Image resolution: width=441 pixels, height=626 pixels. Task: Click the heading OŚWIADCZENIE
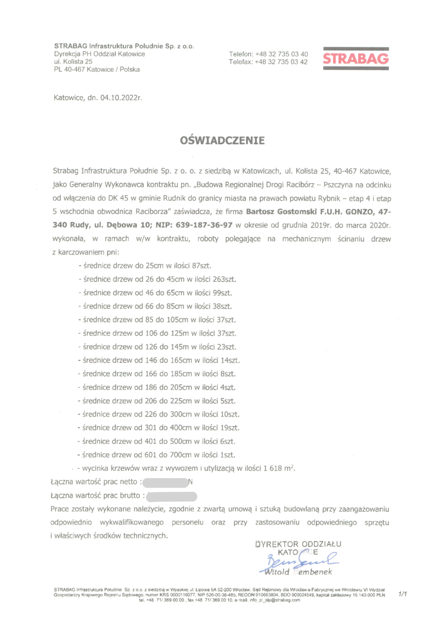pos(222,140)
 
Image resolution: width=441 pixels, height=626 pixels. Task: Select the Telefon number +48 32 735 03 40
pos(281,54)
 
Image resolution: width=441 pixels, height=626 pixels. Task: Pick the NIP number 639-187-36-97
pos(204,225)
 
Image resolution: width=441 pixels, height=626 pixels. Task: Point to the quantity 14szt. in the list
pos(230,360)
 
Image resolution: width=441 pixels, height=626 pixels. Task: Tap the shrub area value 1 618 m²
pos(279,469)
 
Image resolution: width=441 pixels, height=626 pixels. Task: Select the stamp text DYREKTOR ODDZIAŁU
pos(298,545)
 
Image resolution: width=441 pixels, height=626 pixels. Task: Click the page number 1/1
pos(402,593)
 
